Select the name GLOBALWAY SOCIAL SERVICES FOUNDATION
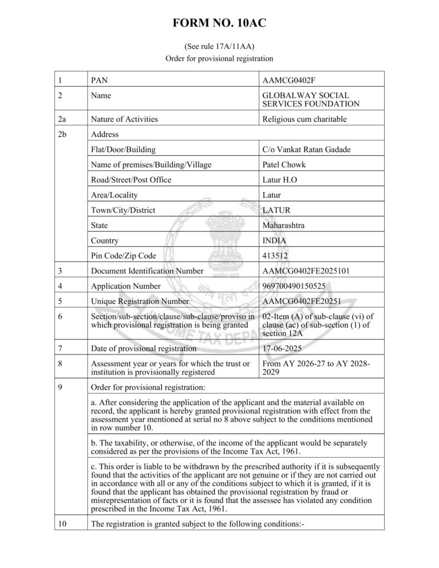coord(310,100)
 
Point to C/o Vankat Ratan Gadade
coord(306,149)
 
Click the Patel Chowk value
coord(284,165)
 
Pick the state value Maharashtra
coord(284,225)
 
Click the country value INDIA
coord(275,241)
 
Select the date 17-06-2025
coord(284,348)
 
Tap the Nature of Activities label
coord(124,119)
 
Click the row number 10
coord(62,523)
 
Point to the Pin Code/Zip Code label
coord(123,256)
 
